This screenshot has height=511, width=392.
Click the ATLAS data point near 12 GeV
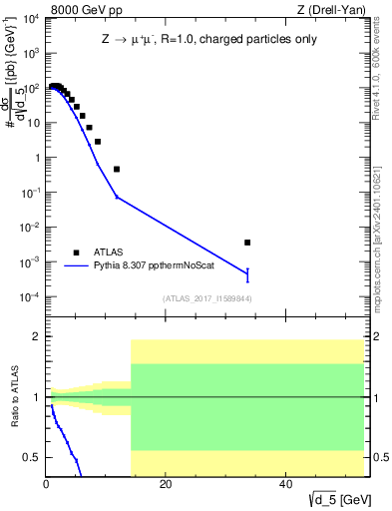click(x=117, y=169)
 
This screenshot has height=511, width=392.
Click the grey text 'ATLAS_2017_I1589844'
click(x=206, y=298)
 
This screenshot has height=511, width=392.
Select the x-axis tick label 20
click(x=166, y=486)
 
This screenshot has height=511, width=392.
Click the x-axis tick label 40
click(x=285, y=486)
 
